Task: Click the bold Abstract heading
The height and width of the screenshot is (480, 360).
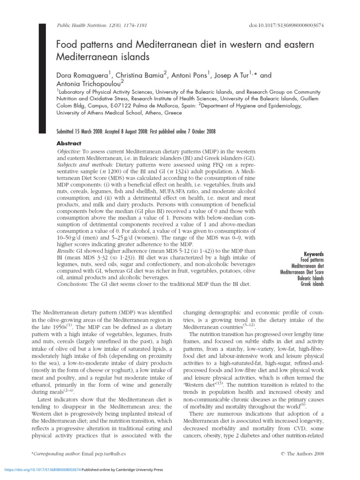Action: click(x=69, y=143)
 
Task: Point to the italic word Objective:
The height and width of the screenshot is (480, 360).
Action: click(x=69, y=153)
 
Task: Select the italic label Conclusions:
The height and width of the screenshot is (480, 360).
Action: click(x=73, y=284)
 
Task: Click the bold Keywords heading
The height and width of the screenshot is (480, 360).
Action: click(x=314, y=254)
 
